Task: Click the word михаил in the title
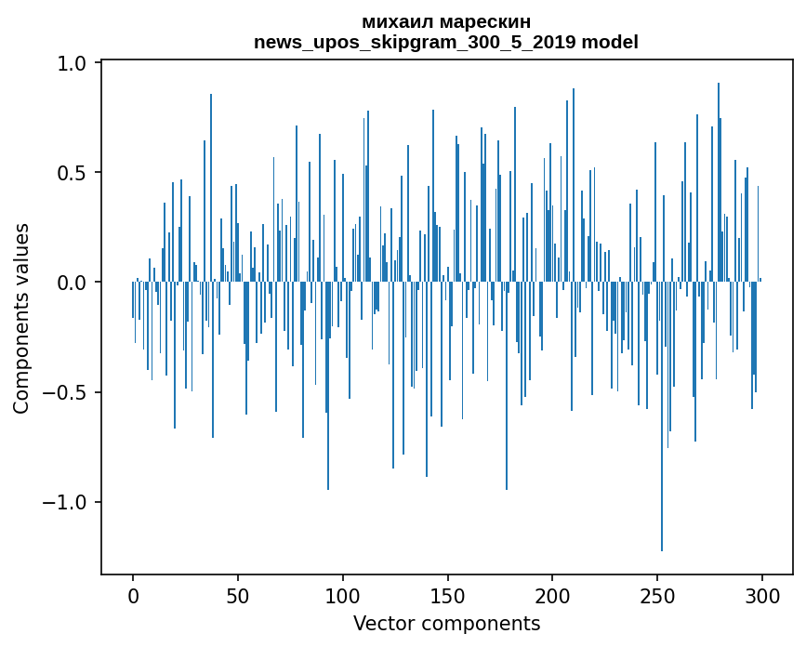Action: coord(393,22)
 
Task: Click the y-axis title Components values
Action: coord(21,318)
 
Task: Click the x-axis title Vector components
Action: coord(446,623)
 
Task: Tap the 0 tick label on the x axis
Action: coord(133,595)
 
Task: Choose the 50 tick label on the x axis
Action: coord(238,595)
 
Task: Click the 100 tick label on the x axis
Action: coord(343,595)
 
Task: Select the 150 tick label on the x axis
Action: coord(447,595)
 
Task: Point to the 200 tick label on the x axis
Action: coord(552,595)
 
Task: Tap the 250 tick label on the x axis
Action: coord(657,595)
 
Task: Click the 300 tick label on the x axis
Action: coord(762,595)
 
